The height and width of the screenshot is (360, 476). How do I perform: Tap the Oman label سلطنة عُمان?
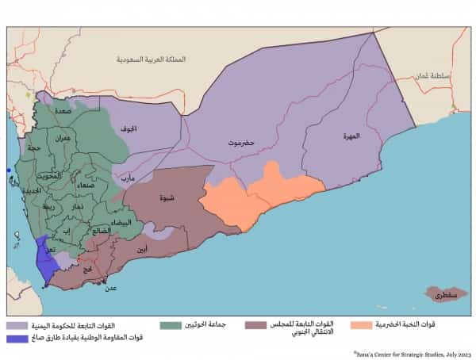point(431,76)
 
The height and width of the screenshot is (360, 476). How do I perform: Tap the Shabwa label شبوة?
point(167,198)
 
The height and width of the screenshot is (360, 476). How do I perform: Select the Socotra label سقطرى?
point(443,295)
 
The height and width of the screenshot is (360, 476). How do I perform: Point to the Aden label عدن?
point(111,288)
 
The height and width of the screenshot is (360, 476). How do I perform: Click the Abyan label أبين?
point(141,250)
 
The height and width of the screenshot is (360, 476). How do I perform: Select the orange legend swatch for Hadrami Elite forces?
point(363,325)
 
